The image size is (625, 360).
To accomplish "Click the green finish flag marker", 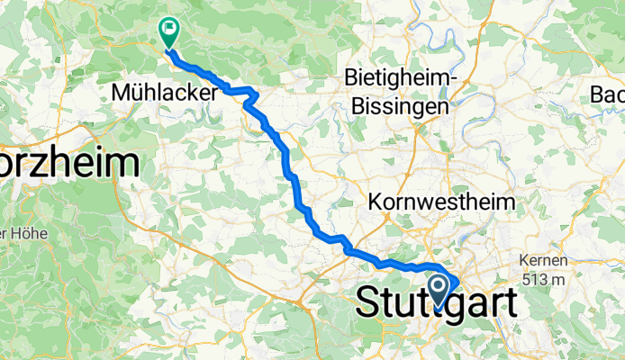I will [x=168, y=30].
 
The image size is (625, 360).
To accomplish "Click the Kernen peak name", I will [x=544, y=262].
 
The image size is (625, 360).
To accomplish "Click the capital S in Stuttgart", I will [x=368, y=302].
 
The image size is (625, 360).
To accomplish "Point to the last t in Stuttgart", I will [x=509, y=302].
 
